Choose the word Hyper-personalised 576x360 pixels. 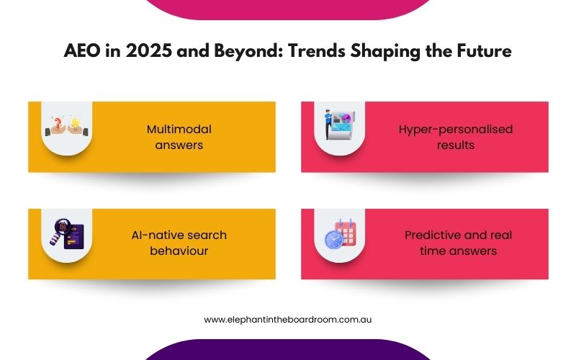coord(456,130)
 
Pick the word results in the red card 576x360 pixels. coord(456,145)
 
